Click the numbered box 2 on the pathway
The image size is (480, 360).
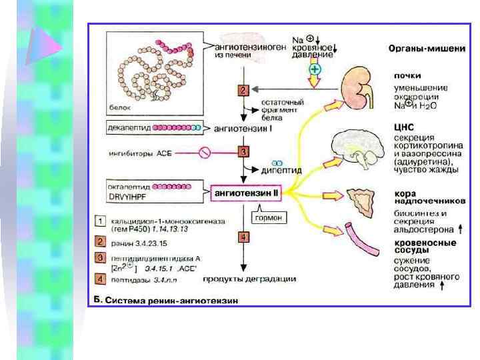click(x=243, y=90)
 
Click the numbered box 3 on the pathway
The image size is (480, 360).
click(x=244, y=152)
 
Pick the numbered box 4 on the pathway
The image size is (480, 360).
click(x=244, y=237)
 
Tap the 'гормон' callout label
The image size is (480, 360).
click(x=267, y=217)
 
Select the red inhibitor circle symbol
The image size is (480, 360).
click(x=205, y=153)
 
